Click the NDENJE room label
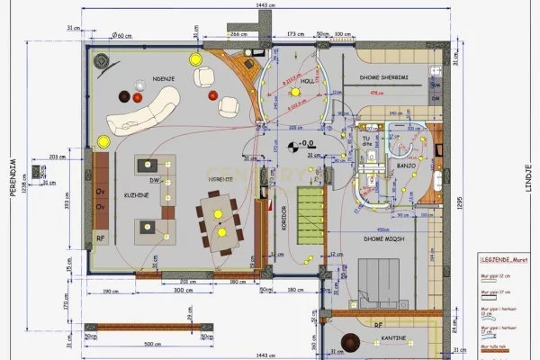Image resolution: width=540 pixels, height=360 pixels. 163,77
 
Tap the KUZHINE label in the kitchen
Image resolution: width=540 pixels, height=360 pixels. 137,195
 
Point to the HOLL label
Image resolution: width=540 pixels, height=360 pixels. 307,80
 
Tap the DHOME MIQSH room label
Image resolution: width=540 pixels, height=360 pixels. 382,239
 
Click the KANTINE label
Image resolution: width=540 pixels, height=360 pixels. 393,338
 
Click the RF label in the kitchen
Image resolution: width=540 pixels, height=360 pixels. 101,238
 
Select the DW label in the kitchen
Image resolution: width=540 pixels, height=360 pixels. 155,180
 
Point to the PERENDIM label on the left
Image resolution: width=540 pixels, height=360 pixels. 13,176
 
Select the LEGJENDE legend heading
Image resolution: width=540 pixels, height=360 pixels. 502,258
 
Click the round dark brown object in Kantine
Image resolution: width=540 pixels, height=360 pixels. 347,341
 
